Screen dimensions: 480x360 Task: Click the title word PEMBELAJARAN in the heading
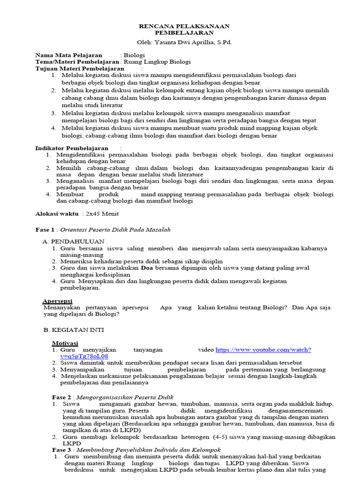pyautogui.click(x=185, y=33)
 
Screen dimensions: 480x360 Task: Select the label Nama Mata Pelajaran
pyautogui.click(x=68, y=55)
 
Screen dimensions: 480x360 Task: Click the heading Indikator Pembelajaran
pyautogui.click(x=72, y=148)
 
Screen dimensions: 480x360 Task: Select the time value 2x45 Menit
pyautogui.click(x=101, y=214)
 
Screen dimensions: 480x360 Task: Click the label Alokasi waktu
pyautogui.click(x=57, y=214)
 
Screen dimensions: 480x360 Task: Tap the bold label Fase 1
pyautogui.click(x=45, y=230)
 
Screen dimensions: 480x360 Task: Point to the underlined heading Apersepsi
pyautogui.click(x=58, y=300)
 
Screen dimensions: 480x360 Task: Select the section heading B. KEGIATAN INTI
pyautogui.click(x=74, y=330)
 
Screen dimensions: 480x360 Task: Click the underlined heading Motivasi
pyautogui.click(x=65, y=343)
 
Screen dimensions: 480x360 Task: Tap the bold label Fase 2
pyautogui.click(x=61, y=397)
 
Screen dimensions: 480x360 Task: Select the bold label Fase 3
pyautogui.click(x=61, y=450)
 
